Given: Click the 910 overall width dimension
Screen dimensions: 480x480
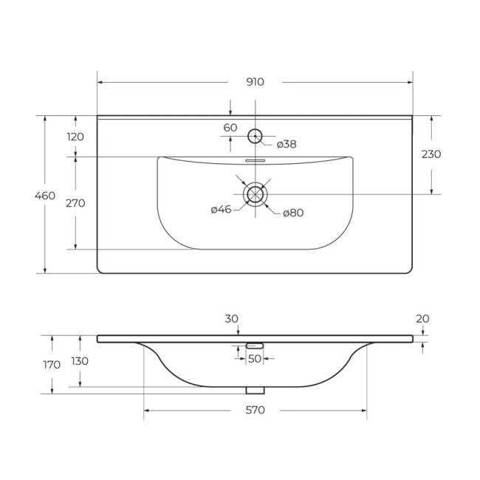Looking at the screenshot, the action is click(x=255, y=82).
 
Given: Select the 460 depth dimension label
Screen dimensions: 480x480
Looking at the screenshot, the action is click(x=45, y=196).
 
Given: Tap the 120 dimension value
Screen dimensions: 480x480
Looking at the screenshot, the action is click(x=75, y=137).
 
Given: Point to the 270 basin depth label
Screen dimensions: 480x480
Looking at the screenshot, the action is click(x=75, y=203).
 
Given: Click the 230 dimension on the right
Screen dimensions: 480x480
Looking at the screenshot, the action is click(x=431, y=154).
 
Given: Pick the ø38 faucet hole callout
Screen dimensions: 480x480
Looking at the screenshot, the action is click(x=287, y=144).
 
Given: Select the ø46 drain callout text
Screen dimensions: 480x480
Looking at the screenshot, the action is click(x=221, y=210).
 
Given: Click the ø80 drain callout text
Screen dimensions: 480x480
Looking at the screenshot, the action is click(x=293, y=213).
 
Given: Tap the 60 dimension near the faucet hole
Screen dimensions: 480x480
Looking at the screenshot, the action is click(x=230, y=128).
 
